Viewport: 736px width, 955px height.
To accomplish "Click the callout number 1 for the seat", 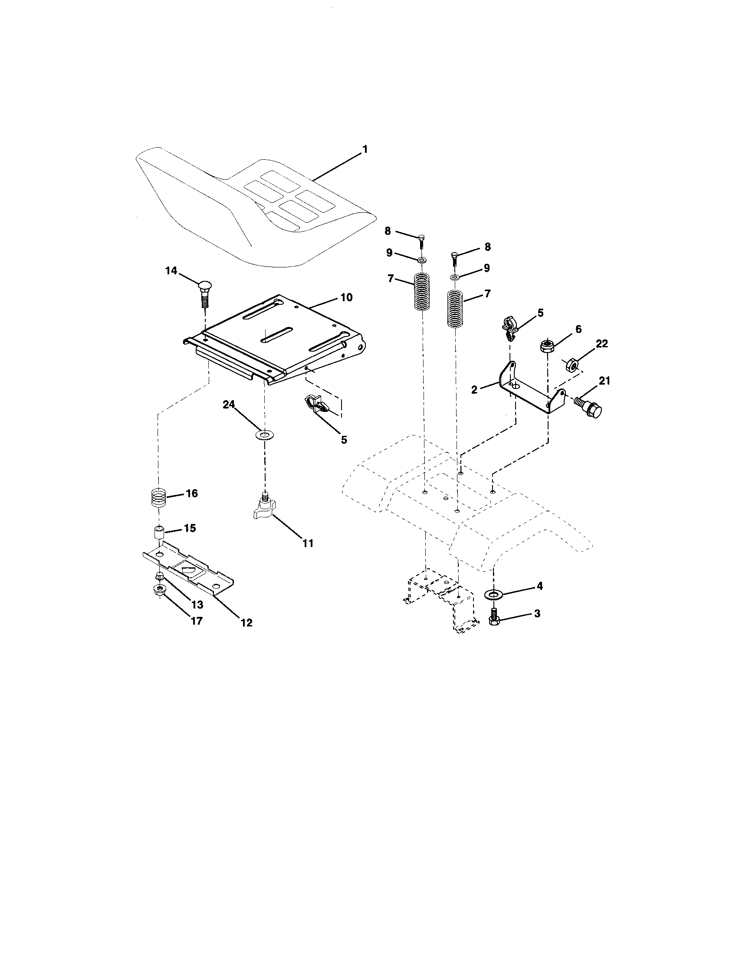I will tap(365, 150).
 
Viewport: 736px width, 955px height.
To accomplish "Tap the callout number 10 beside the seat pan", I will tap(346, 297).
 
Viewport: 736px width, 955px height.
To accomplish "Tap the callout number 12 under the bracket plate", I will tap(246, 622).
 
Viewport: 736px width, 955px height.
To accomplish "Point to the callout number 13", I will tap(197, 605).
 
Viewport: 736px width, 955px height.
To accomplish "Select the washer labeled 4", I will tap(494, 594).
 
